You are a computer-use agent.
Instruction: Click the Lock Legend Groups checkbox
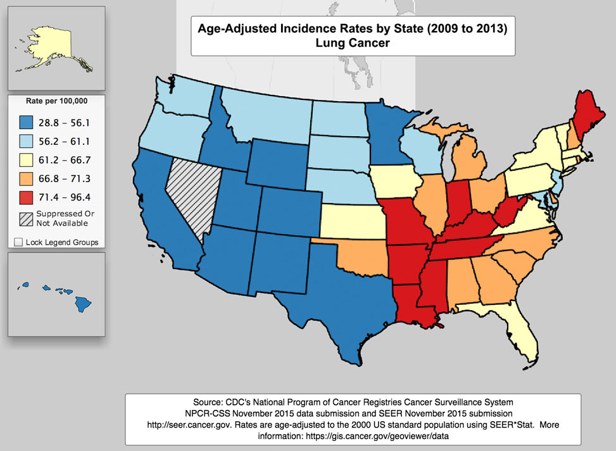18,242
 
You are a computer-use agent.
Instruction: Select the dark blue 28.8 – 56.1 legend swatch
27,121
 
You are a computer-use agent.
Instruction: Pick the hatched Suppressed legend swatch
27,219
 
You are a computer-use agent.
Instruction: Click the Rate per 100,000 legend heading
56,101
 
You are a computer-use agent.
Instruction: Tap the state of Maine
592,114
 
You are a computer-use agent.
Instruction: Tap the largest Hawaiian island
82,305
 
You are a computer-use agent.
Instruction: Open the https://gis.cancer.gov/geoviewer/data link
387,436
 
